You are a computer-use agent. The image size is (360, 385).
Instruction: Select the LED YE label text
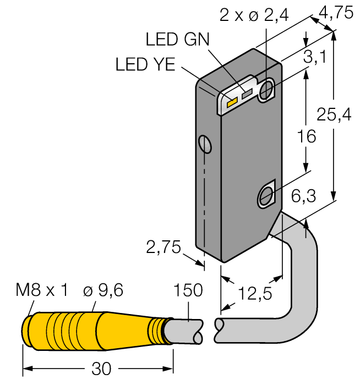click(145, 64)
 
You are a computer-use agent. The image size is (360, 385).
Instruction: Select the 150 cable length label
click(188, 290)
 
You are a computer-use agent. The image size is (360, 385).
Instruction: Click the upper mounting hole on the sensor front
click(266, 90)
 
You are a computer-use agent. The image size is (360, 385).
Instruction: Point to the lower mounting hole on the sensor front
click(266, 195)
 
